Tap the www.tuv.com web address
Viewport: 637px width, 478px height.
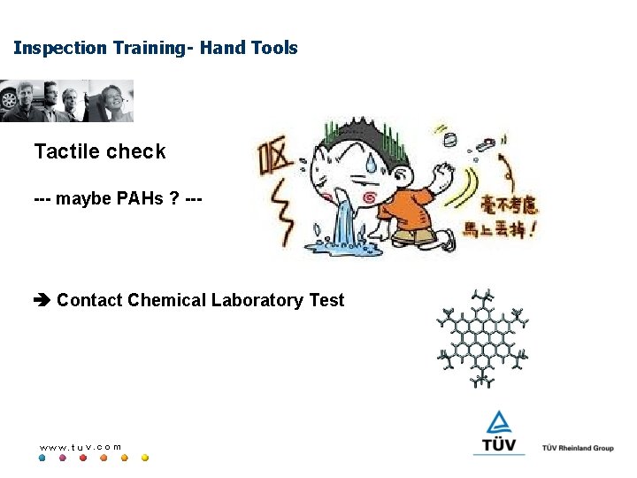pyautogui.click(x=81, y=447)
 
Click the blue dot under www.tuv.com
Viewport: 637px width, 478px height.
pyautogui.click(x=42, y=459)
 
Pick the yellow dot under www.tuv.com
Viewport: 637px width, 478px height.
pyautogui.click(x=145, y=459)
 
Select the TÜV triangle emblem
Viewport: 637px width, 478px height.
pyautogui.click(x=499, y=423)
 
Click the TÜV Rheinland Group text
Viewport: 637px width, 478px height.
pyautogui.click(x=578, y=448)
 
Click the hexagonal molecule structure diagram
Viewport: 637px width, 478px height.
pyautogui.click(x=482, y=339)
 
